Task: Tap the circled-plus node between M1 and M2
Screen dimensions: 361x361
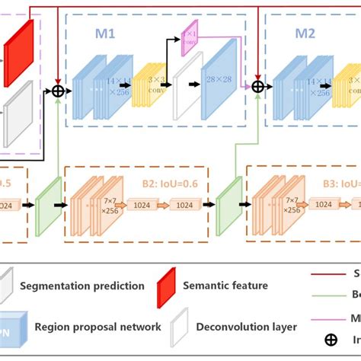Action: pos(258,87)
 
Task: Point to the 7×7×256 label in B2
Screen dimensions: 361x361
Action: pos(106,204)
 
